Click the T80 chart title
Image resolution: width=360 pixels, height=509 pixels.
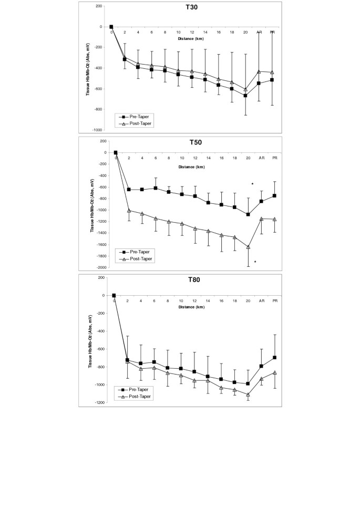[192, 279]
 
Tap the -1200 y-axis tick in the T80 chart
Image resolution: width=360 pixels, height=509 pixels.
[99, 402]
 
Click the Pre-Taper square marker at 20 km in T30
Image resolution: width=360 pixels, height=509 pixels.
[245, 96]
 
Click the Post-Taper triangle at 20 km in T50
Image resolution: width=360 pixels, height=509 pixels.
[248, 246]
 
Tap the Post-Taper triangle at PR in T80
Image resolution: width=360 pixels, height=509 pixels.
[275, 372]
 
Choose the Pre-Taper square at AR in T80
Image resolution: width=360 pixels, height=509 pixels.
[261, 366]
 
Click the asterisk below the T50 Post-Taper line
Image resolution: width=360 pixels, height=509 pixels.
[255, 262]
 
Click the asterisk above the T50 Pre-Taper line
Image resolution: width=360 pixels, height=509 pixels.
[253, 184]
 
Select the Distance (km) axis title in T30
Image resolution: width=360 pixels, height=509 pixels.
[192, 38]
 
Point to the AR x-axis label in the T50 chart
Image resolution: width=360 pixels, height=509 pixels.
[261, 159]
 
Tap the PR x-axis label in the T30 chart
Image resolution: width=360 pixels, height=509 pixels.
[272, 33]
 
